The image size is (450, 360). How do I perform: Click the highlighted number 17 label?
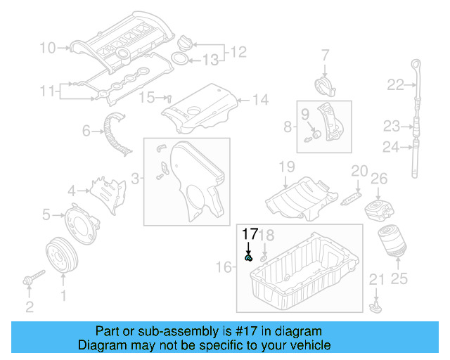[x=250, y=234]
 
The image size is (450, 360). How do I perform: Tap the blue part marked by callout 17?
[x=248, y=258]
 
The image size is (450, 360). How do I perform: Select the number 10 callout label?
[x=48, y=48]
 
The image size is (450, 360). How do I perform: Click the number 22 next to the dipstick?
[x=395, y=85]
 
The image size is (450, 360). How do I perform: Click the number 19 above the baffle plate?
[x=286, y=167]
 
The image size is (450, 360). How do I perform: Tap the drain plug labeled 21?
[x=375, y=306]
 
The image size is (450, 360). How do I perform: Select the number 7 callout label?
[x=326, y=54]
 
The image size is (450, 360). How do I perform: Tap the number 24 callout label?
[x=391, y=146]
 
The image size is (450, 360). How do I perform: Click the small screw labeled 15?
[x=169, y=98]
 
